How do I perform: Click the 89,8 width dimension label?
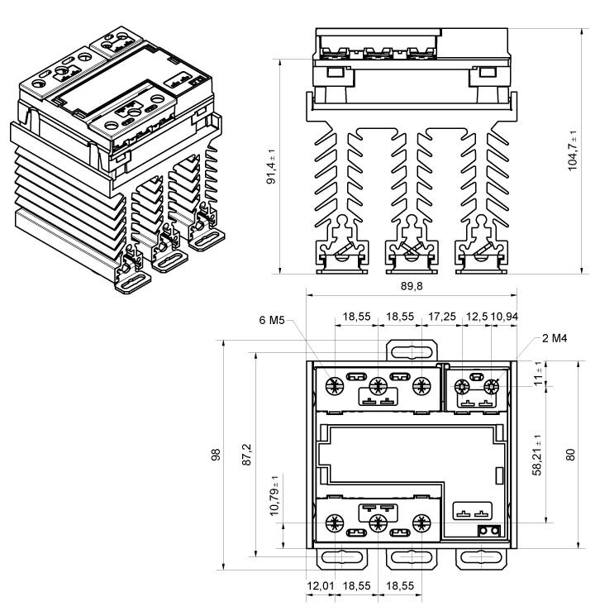(x=412, y=285)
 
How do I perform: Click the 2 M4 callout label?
(x=556, y=337)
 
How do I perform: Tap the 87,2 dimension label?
(x=245, y=454)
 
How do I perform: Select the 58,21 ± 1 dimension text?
(x=536, y=452)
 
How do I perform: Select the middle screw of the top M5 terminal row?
(x=379, y=384)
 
